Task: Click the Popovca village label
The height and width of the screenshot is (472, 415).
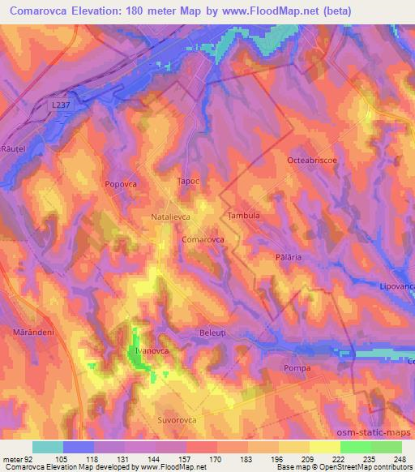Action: (120, 185)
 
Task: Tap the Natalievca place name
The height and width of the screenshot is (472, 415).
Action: (170, 218)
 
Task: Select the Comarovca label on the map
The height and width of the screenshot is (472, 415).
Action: (203, 240)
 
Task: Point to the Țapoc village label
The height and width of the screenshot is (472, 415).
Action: (187, 182)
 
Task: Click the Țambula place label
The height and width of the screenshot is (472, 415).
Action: (244, 216)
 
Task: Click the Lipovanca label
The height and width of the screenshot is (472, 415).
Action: (396, 286)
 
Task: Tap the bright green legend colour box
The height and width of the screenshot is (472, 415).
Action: (355, 447)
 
